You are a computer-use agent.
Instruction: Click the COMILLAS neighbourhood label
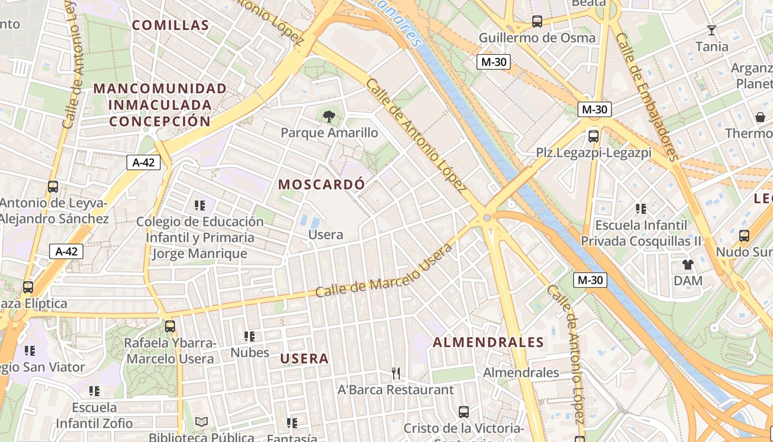coord(171,25)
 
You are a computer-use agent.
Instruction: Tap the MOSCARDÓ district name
coord(321,185)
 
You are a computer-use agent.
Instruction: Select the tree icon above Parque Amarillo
coord(329,117)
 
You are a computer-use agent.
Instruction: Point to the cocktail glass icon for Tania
coord(712,30)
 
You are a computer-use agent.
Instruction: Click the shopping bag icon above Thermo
coord(760,117)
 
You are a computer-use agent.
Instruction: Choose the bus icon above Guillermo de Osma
coord(537,22)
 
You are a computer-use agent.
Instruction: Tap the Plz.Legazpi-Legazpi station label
coord(594,152)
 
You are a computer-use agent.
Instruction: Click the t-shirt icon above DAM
coord(687,265)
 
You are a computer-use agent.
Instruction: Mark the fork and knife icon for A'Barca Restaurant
coord(395,373)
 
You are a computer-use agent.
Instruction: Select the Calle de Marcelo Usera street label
coord(383,271)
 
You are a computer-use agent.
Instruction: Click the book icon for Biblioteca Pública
coord(202,422)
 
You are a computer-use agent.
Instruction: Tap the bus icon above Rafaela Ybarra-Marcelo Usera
coord(170,327)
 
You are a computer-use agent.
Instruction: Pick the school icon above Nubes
coord(250,336)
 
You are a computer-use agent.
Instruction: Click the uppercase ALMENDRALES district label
coord(488,343)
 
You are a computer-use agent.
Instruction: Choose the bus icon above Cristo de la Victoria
coord(463,412)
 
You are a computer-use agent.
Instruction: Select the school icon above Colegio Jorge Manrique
coord(200,206)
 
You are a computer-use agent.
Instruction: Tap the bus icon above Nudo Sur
coord(744,236)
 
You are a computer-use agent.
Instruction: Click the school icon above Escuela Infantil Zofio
coord(94,391)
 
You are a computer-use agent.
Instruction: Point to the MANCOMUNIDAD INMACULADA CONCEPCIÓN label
coord(160,105)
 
